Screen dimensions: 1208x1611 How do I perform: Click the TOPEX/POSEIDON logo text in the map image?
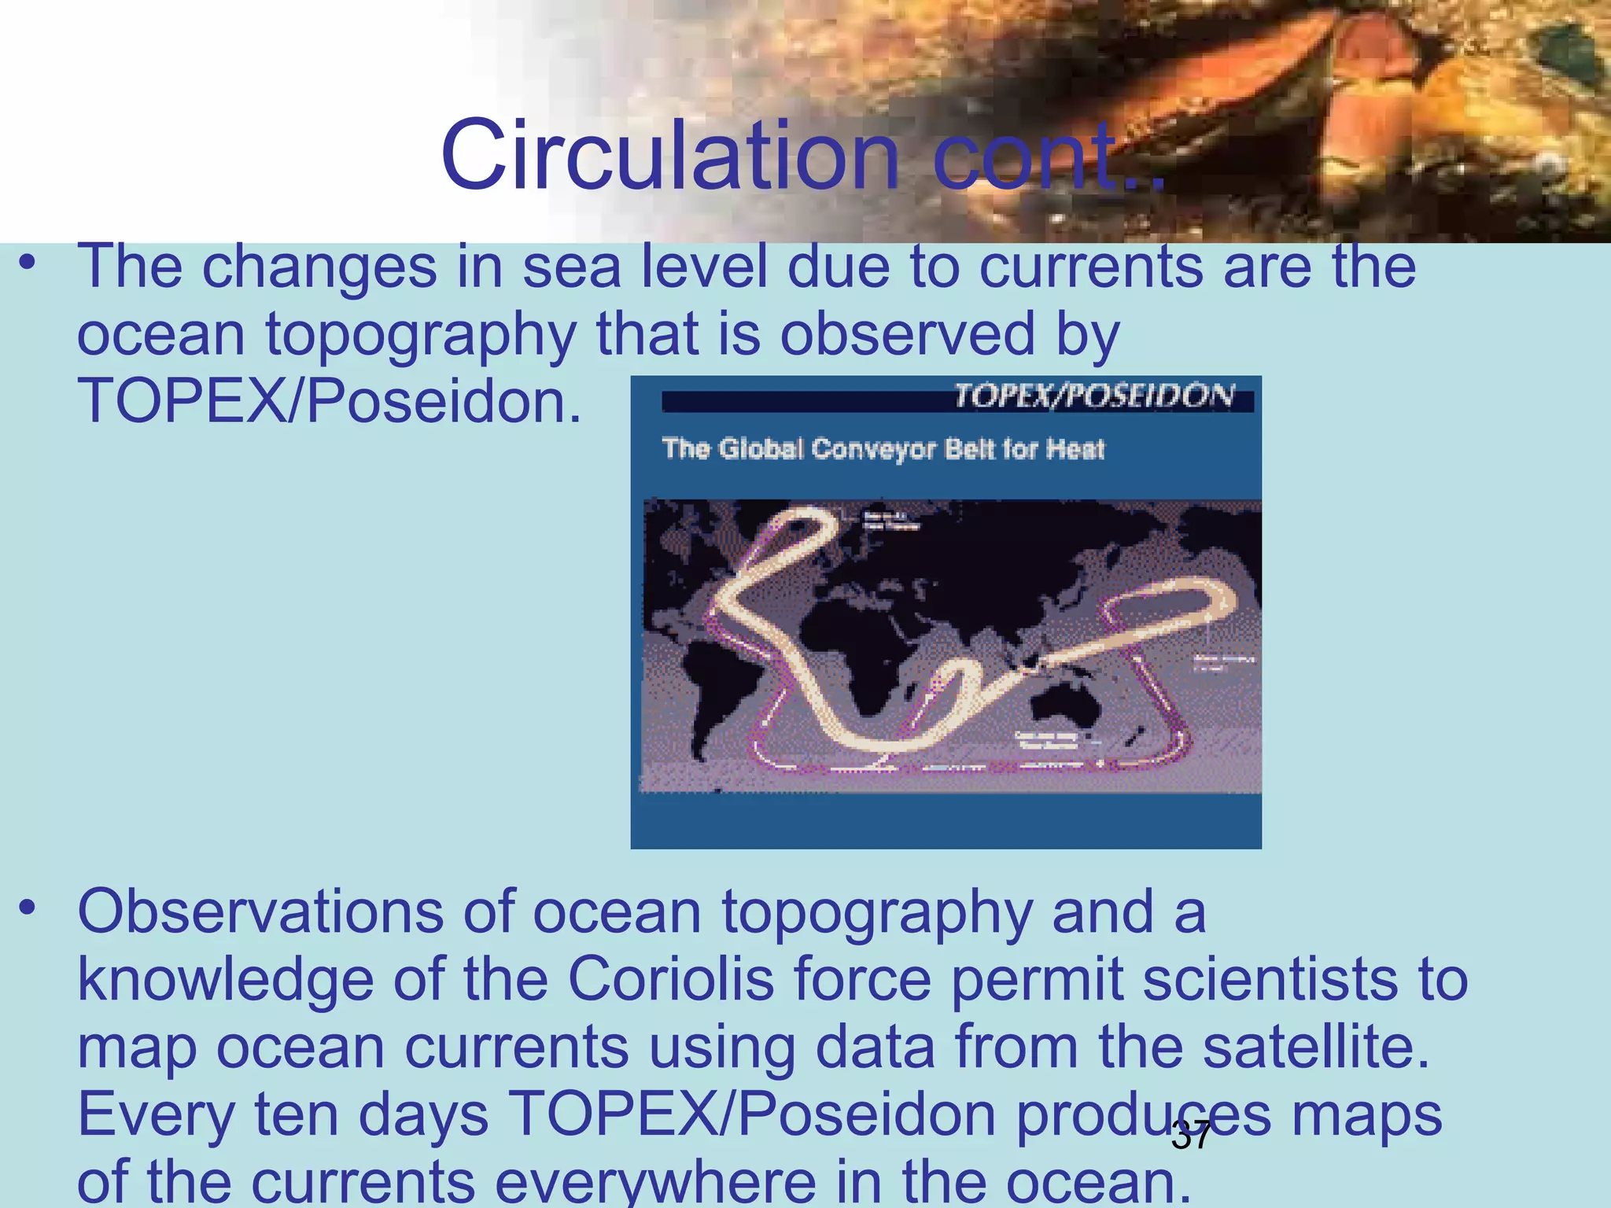coord(1094,396)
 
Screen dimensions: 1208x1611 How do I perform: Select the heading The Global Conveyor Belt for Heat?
coord(883,449)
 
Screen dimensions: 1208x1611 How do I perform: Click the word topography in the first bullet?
coord(421,334)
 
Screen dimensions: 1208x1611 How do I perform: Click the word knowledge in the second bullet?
coord(225,981)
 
